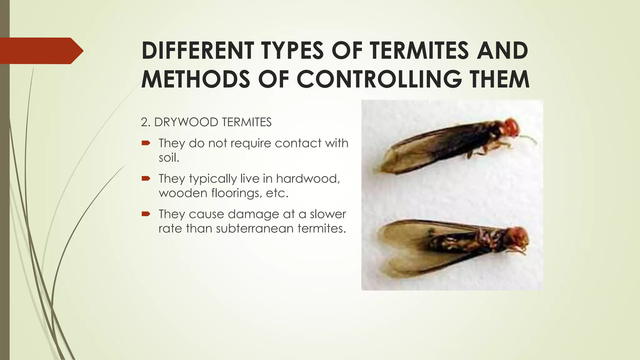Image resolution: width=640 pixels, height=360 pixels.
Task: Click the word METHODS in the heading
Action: click(x=196, y=79)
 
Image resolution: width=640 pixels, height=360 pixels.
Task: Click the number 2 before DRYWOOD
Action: click(x=144, y=122)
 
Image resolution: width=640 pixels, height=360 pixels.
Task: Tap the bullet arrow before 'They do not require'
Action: click(x=146, y=143)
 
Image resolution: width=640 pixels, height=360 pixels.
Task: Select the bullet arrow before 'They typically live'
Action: click(x=146, y=179)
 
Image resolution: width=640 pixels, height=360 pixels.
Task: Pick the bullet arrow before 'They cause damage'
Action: click(x=146, y=214)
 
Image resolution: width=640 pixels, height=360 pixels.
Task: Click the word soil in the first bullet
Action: click(x=169, y=157)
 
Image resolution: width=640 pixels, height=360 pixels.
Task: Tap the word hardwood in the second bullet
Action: click(x=307, y=178)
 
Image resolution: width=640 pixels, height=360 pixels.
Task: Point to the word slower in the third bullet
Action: click(x=328, y=214)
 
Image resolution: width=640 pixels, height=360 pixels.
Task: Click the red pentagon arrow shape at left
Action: click(x=41, y=51)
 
